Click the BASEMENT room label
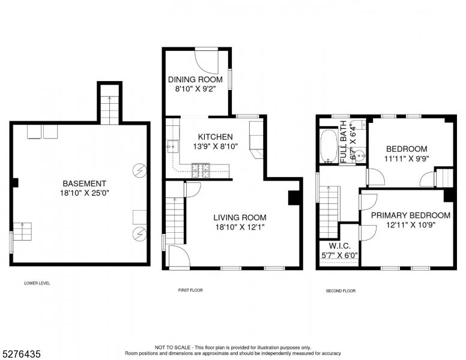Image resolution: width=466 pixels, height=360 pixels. (84, 183)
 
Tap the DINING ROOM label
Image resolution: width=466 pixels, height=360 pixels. (195, 79)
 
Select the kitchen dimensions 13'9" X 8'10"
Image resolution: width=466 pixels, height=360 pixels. (216, 146)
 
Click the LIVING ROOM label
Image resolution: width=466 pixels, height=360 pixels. (240, 217)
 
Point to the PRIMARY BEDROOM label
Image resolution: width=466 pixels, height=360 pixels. (411, 215)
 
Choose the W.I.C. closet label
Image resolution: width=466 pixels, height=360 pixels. (339, 246)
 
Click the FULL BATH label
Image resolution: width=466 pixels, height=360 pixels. (343, 142)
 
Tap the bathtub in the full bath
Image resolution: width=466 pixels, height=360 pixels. (328, 146)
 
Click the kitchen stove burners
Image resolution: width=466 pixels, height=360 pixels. (201, 170)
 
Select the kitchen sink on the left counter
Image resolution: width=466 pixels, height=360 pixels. (173, 146)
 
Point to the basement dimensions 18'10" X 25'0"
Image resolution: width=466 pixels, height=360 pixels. (85, 193)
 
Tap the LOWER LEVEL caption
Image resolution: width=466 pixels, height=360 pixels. (37, 283)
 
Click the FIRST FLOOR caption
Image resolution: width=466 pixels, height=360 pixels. (190, 290)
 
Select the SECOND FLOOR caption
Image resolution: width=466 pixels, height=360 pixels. (340, 291)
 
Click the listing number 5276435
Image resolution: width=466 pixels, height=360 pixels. (21, 354)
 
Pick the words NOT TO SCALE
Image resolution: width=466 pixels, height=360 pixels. (172, 347)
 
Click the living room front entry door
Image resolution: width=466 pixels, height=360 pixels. (179, 257)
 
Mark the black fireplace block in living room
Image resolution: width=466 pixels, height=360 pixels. (294, 197)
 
